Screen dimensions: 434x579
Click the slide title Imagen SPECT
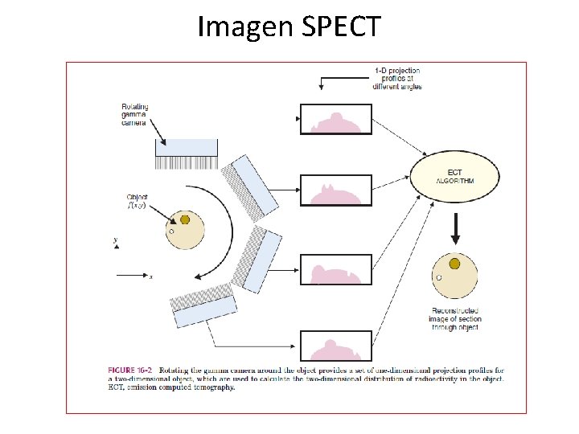pos(289,27)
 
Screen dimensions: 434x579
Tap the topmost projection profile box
pos(336,118)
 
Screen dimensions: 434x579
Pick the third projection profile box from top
pos(336,269)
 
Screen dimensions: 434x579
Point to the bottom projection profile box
pos(336,346)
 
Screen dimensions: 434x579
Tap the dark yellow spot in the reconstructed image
pos(454,264)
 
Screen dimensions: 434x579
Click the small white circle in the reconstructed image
pos(438,278)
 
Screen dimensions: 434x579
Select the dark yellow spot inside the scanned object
pos(185,219)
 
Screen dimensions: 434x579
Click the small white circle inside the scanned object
pos(170,231)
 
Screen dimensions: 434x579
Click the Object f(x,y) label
pos(138,201)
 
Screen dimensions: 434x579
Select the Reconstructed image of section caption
pos(455,319)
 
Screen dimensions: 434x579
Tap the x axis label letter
pos(150,277)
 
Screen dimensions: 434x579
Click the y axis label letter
pos(116,240)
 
